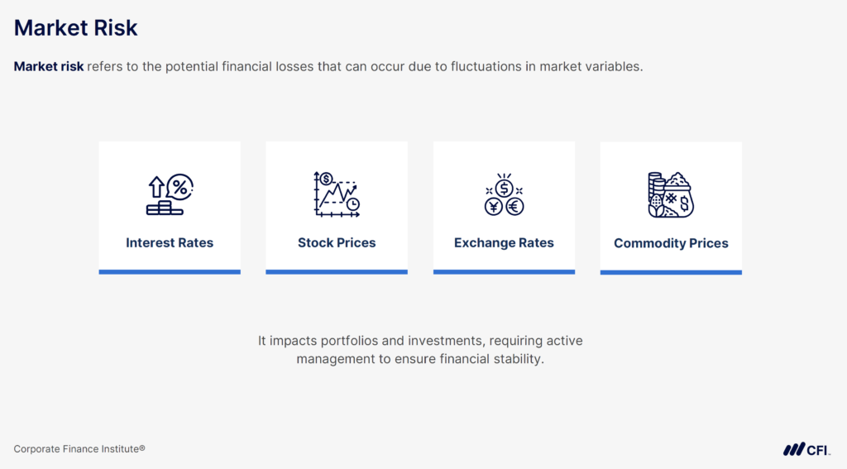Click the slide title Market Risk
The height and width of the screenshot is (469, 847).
pyautogui.click(x=75, y=28)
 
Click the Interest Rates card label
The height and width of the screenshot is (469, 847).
pyautogui.click(x=170, y=243)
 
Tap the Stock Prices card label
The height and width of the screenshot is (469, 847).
pyautogui.click(x=337, y=243)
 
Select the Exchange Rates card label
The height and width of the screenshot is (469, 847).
pyautogui.click(x=504, y=243)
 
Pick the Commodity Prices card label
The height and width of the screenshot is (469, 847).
pyautogui.click(x=671, y=244)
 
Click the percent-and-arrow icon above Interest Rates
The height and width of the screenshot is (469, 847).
pyautogui.click(x=170, y=195)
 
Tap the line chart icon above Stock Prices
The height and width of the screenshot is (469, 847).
pyautogui.click(x=337, y=194)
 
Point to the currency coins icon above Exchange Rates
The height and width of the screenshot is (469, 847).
pyautogui.click(x=504, y=195)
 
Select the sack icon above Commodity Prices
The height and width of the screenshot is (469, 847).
pyautogui.click(x=670, y=195)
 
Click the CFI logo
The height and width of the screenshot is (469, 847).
pyautogui.click(x=806, y=449)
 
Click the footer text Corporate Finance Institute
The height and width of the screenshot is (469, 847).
pyautogui.click(x=79, y=448)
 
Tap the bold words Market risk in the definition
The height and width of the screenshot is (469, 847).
pyautogui.click(x=49, y=67)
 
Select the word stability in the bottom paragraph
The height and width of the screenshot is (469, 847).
pyautogui.click(x=517, y=360)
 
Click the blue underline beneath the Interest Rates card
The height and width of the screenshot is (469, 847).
pyautogui.click(x=170, y=271)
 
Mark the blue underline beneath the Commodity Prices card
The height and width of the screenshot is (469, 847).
pyautogui.click(x=671, y=272)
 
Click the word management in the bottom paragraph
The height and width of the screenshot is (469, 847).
pyautogui.click(x=333, y=360)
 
